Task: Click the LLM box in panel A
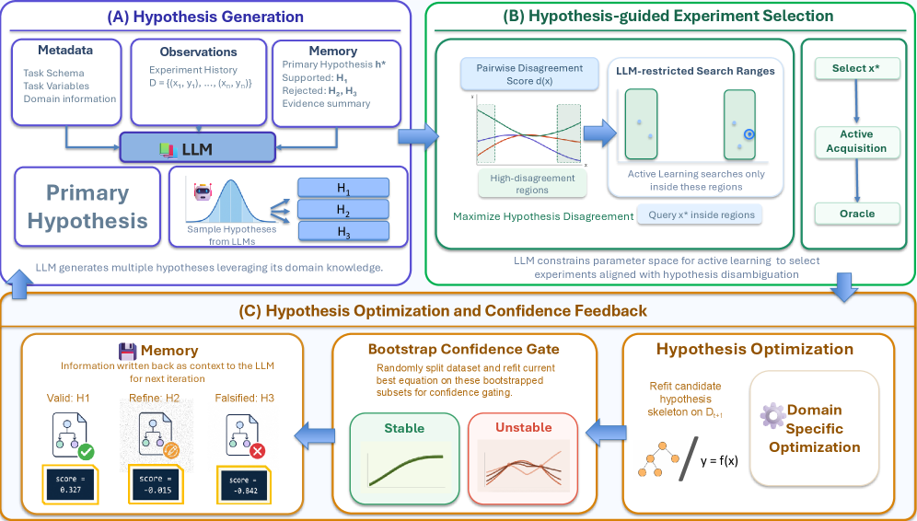point(198,147)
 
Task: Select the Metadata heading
point(65,51)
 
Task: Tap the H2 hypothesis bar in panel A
point(343,209)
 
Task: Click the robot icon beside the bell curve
point(203,191)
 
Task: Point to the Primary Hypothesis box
point(87,207)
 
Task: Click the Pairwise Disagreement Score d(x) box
point(529,75)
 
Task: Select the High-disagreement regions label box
point(531,183)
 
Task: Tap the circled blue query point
point(749,134)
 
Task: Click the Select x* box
point(857,68)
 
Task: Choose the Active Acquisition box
point(857,142)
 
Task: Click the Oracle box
point(857,214)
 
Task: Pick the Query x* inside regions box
point(701,215)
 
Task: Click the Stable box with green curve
point(405,458)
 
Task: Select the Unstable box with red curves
point(524,458)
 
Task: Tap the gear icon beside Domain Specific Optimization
point(772,415)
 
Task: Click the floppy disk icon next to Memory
point(127,351)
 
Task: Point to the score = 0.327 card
point(70,485)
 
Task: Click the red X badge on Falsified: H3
point(257,451)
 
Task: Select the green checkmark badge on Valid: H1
point(86,451)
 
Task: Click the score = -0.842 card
point(245,485)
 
